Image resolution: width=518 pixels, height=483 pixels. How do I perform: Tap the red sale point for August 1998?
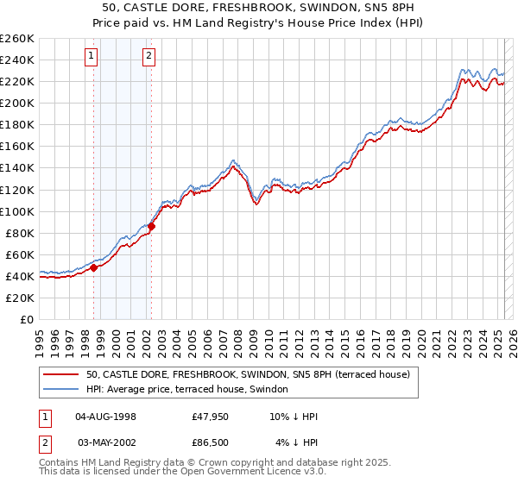[x=94, y=267]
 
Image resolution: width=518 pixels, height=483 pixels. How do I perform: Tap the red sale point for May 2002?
[x=151, y=226]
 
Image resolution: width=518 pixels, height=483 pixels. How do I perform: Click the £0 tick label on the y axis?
[x=25, y=319]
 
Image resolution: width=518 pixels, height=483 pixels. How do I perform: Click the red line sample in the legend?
[x=61, y=373]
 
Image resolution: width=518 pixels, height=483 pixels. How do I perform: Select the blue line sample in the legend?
[x=61, y=390]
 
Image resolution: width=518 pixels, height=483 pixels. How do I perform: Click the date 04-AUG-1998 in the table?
[x=106, y=417]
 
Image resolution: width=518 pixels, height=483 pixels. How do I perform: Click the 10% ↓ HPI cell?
[x=294, y=417]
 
